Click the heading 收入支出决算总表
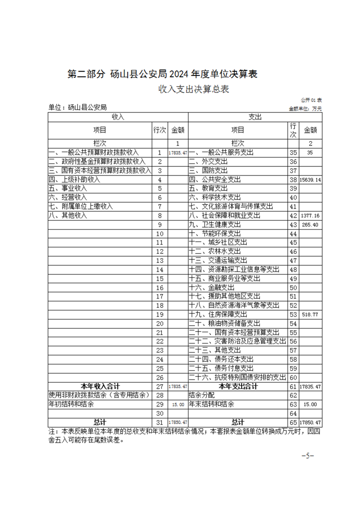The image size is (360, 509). point(193,89)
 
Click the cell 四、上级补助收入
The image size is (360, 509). point(74,179)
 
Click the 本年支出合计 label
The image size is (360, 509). point(238,386)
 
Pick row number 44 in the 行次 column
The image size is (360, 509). point(293,233)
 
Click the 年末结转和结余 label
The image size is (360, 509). point(212,404)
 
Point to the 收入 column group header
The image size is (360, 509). point(118,117)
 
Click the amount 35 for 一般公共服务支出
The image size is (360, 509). point(311,152)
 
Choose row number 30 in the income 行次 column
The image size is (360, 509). point(159,413)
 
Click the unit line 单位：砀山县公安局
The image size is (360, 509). point(77,108)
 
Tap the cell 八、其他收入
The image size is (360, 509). point(68,215)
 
